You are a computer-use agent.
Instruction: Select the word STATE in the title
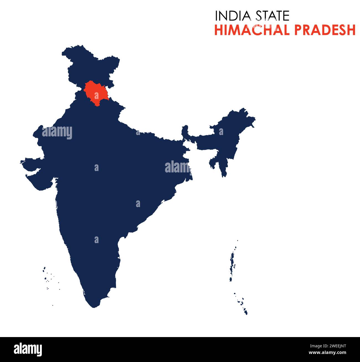(272, 16)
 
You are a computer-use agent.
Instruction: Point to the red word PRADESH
(325, 30)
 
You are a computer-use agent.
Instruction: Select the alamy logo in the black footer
(28, 349)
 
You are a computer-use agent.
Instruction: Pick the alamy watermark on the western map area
(57, 132)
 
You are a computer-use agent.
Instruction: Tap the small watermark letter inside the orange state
(96, 96)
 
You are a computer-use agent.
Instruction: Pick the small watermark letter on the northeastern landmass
(221, 132)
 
